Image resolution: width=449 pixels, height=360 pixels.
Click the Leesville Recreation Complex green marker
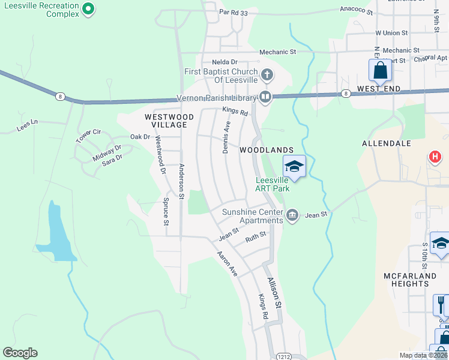click(88, 8)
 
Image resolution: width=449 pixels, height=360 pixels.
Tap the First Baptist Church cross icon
click(268, 76)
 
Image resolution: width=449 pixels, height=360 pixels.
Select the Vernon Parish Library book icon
click(265, 97)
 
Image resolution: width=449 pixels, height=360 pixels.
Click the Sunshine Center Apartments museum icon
click(292, 215)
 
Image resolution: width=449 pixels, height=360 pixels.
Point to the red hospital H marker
click(435, 158)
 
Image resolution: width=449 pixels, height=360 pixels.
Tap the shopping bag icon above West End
click(381, 70)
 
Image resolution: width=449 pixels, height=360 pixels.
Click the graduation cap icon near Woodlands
click(294, 166)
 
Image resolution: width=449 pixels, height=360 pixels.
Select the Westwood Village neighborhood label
click(169, 121)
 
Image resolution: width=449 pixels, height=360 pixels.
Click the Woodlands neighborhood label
click(267, 149)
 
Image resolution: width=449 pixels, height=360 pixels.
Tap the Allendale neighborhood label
click(386, 143)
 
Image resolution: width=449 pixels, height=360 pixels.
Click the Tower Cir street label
click(88, 136)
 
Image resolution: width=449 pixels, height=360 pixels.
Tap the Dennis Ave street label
click(226, 137)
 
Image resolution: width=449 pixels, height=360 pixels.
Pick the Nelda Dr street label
click(225, 62)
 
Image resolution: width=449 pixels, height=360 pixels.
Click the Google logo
click(20, 353)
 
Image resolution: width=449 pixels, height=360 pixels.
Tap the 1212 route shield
click(284, 356)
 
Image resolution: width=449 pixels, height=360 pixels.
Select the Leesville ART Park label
click(273, 184)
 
